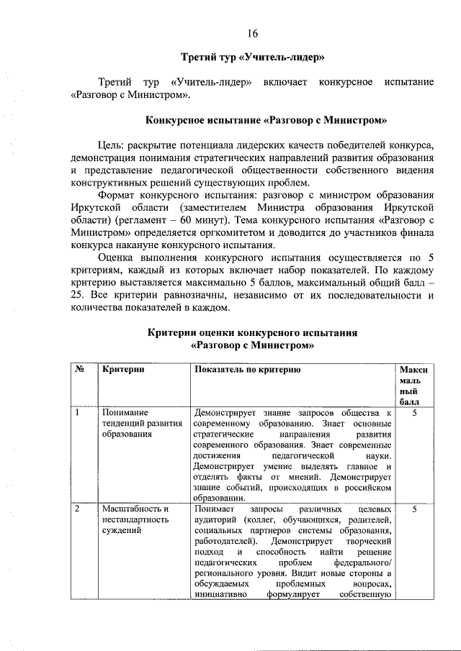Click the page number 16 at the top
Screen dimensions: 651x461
(252, 34)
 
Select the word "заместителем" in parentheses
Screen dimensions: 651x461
(202, 208)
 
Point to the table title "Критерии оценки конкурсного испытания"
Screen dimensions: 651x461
(252, 333)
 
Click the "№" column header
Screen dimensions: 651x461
(81, 369)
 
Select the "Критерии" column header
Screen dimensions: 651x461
(123, 369)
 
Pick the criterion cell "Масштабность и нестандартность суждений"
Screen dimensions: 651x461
(135, 519)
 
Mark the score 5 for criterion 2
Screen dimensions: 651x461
(415, 509)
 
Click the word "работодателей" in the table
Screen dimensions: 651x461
(223, 540)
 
